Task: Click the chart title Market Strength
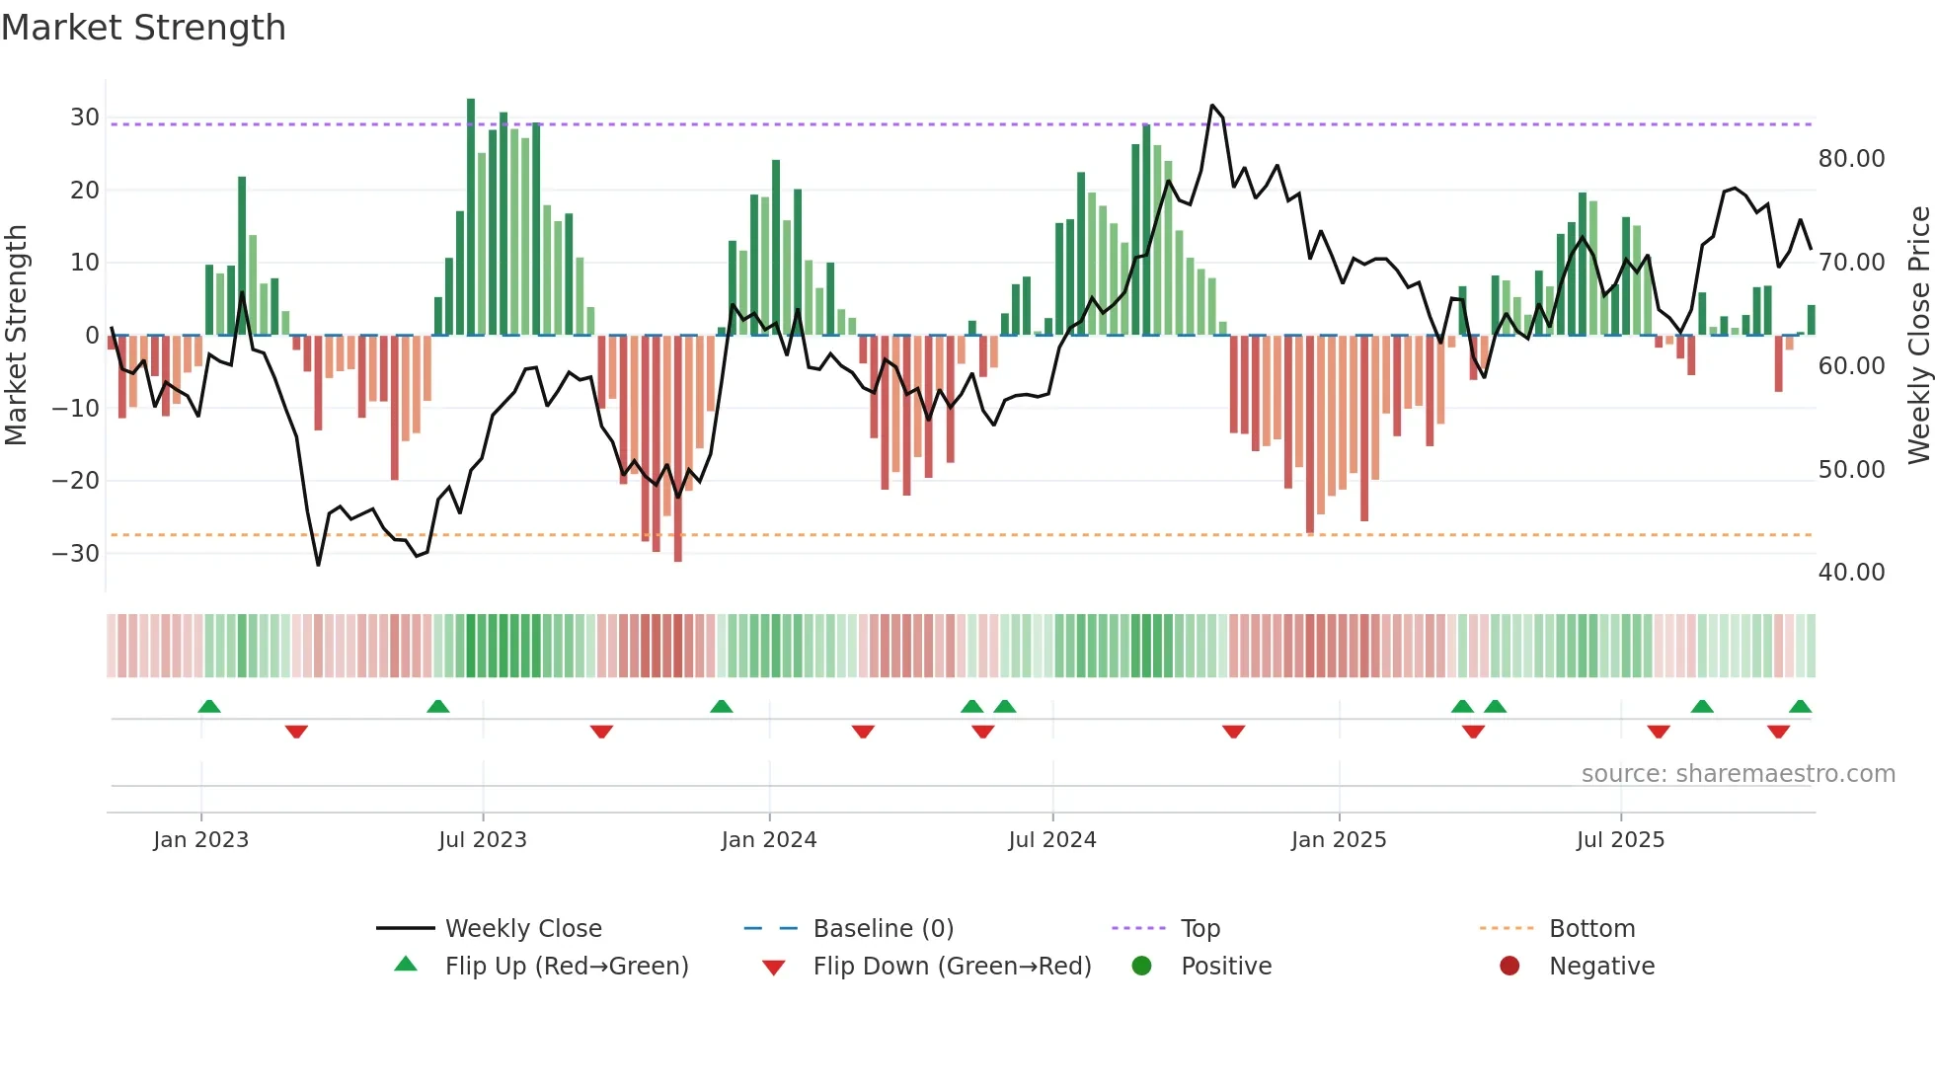(x=143, y=28)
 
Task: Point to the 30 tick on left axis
(x=85, y=117)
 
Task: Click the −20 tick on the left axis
(x=77, y=481)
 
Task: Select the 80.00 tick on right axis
(x=1851, y=159)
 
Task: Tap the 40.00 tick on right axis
(x=1851, y=573)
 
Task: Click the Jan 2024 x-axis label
(x=769, y=840)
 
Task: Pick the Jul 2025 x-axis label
(x=1620, y=840)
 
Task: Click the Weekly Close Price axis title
(x=1918, y=336)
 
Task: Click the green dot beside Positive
(x=1142, y=966)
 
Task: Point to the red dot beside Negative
(x=1509, y=966)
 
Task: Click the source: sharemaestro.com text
(x=1738, y=774)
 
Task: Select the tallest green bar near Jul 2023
(x=471, y=217)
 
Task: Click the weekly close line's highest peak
(x=1212, y=106)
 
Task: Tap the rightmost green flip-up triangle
(x=1800, y=707)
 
